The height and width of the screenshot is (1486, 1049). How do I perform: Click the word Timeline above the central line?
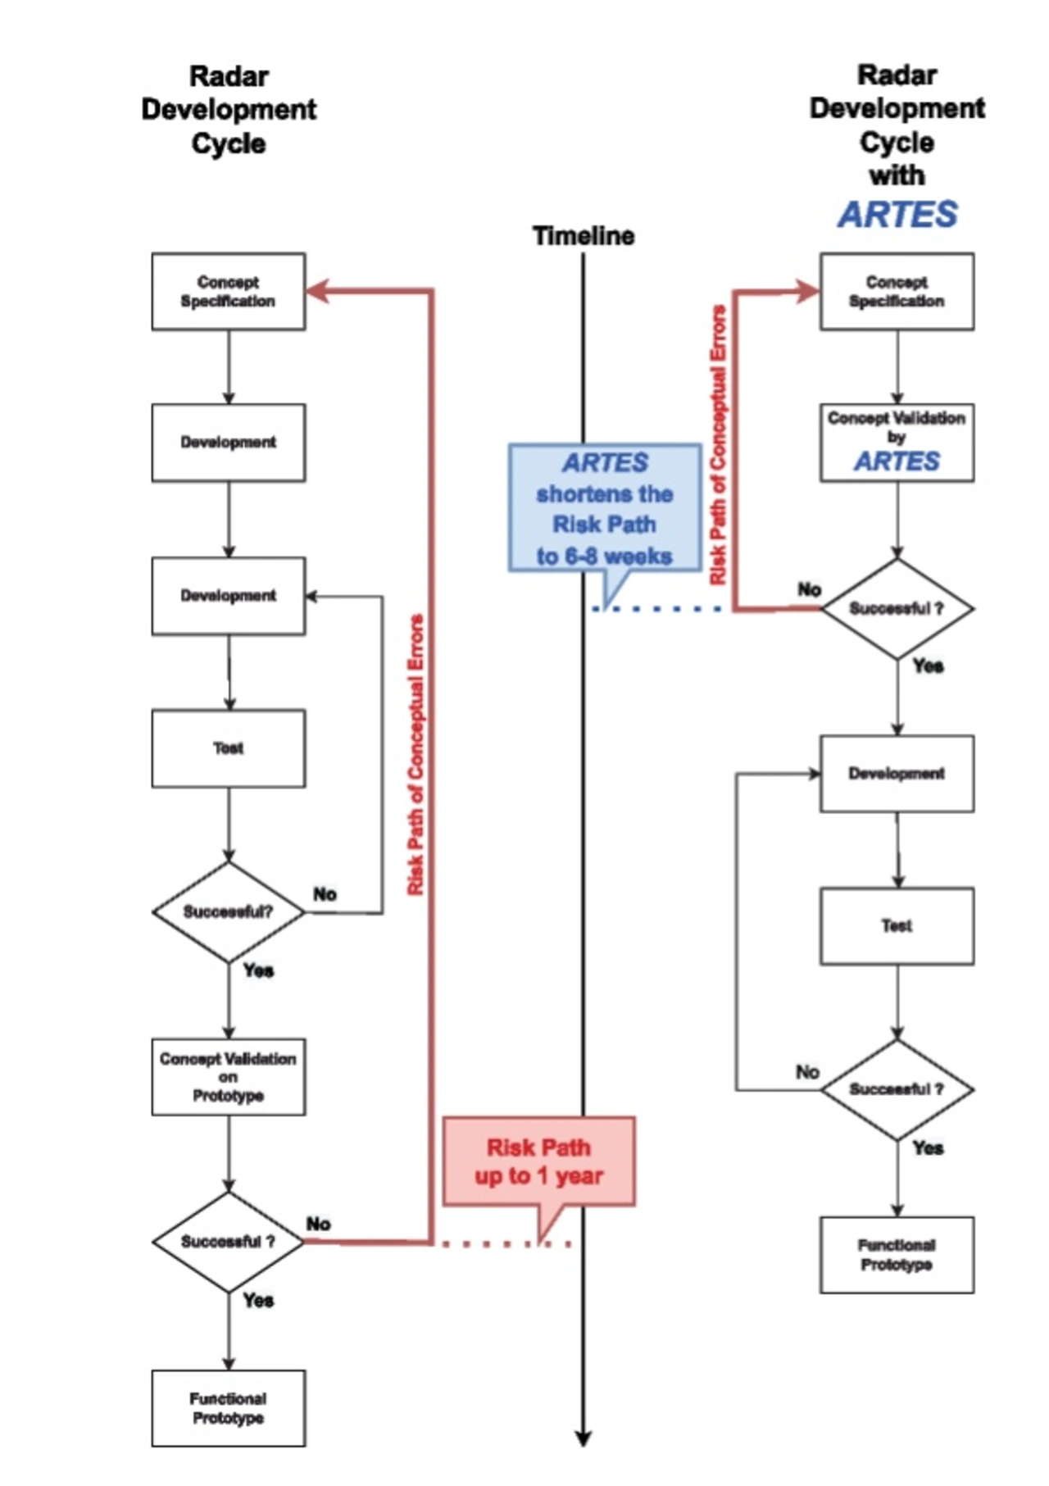point(584,236)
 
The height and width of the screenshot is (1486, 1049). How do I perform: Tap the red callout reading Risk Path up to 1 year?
point(538,1161)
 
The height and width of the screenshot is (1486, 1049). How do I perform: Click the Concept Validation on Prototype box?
point(229,1077)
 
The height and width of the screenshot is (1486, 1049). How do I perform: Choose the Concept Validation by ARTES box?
point(897,443)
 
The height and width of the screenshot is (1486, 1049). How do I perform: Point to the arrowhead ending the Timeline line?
point(584,1438)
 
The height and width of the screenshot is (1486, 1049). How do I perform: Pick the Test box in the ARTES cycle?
point(897,926)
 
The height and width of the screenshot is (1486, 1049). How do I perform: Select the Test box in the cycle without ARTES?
point(229,748)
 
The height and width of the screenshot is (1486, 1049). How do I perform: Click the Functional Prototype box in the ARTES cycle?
point(897,1255)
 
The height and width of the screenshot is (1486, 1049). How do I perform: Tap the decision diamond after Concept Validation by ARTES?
point(897,609)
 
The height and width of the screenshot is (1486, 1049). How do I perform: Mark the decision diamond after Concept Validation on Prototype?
point(229,1242)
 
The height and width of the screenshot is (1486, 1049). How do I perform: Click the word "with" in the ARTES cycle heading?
point(897,175)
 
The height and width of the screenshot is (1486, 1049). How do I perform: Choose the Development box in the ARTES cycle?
point(897,774)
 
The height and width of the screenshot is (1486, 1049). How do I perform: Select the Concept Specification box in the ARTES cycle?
point(897,292)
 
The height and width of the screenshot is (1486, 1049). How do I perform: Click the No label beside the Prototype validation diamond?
point(319,1224)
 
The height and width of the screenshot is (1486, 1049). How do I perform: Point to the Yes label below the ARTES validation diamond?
point(928,666)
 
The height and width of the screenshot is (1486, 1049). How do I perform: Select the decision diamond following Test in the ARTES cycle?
point(897,1089)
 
